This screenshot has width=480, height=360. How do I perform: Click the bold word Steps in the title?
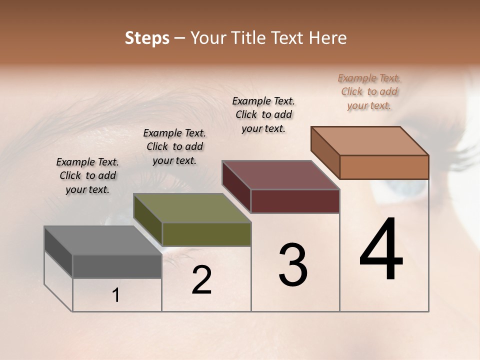point(147,38)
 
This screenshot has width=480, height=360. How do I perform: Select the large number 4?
point(381,250)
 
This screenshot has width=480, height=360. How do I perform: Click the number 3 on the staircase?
point(293,265)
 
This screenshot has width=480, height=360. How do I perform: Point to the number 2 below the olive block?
point(201,280)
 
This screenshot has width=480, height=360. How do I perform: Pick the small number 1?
point(116,295)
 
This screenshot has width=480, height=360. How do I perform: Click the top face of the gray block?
point(103,240)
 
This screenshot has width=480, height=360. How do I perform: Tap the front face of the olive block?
point(206,234)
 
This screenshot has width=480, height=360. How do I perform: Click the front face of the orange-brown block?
point(384,167)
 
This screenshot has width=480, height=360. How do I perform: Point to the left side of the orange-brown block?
point(325,152)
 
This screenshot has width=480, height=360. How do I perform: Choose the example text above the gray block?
point(87,175)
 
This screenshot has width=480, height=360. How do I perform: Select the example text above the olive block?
point(174,146)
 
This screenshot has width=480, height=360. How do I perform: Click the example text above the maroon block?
point(263,114)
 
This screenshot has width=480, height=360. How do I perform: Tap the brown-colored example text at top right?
point(369,91)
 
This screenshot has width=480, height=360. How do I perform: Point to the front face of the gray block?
point(117,266)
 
